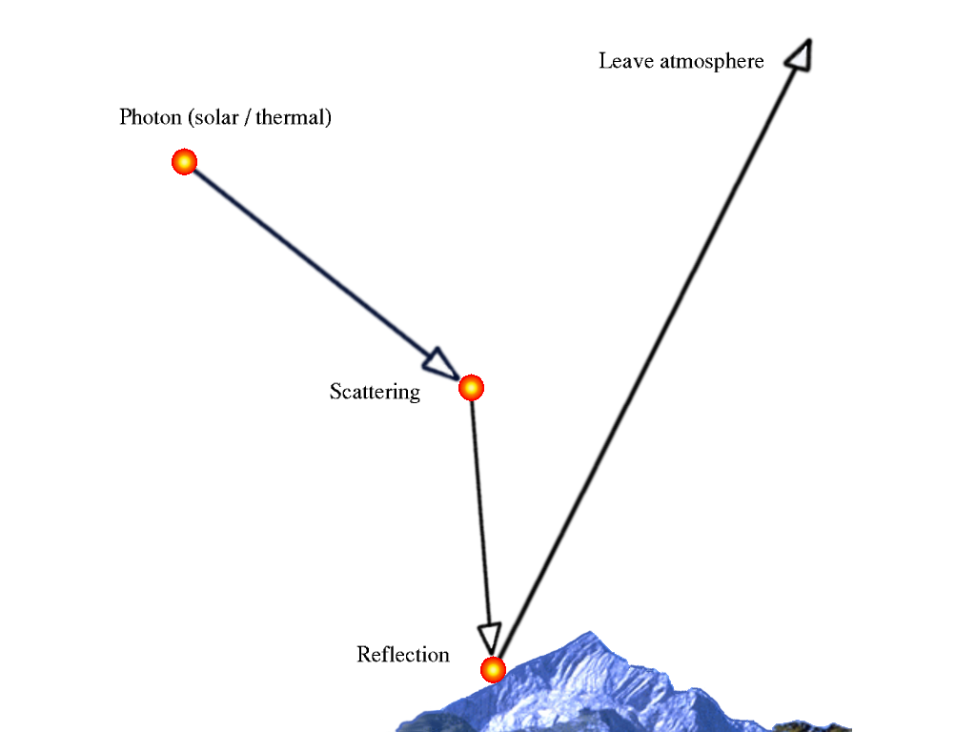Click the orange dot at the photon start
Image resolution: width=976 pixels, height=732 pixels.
point(184,162)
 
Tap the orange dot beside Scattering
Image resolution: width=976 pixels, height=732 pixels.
point(471,388)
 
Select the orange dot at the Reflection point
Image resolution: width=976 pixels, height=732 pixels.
point(493,670)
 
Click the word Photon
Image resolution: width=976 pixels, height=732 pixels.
point(151,118)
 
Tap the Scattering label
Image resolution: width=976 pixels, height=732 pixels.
point(375,392)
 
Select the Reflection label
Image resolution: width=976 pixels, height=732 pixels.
point(403,655)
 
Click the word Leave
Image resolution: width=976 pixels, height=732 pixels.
point(626,62)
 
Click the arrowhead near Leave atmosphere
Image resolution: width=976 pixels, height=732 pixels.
point(800,54)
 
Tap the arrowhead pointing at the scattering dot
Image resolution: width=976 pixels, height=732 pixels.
point(440,364)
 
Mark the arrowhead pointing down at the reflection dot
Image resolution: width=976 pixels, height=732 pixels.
point(489,636)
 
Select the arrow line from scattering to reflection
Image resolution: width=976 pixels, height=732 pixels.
point(479,515)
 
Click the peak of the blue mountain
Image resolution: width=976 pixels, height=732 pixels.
point(591,633)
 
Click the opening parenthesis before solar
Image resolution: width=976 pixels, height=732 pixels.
point(191,118)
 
